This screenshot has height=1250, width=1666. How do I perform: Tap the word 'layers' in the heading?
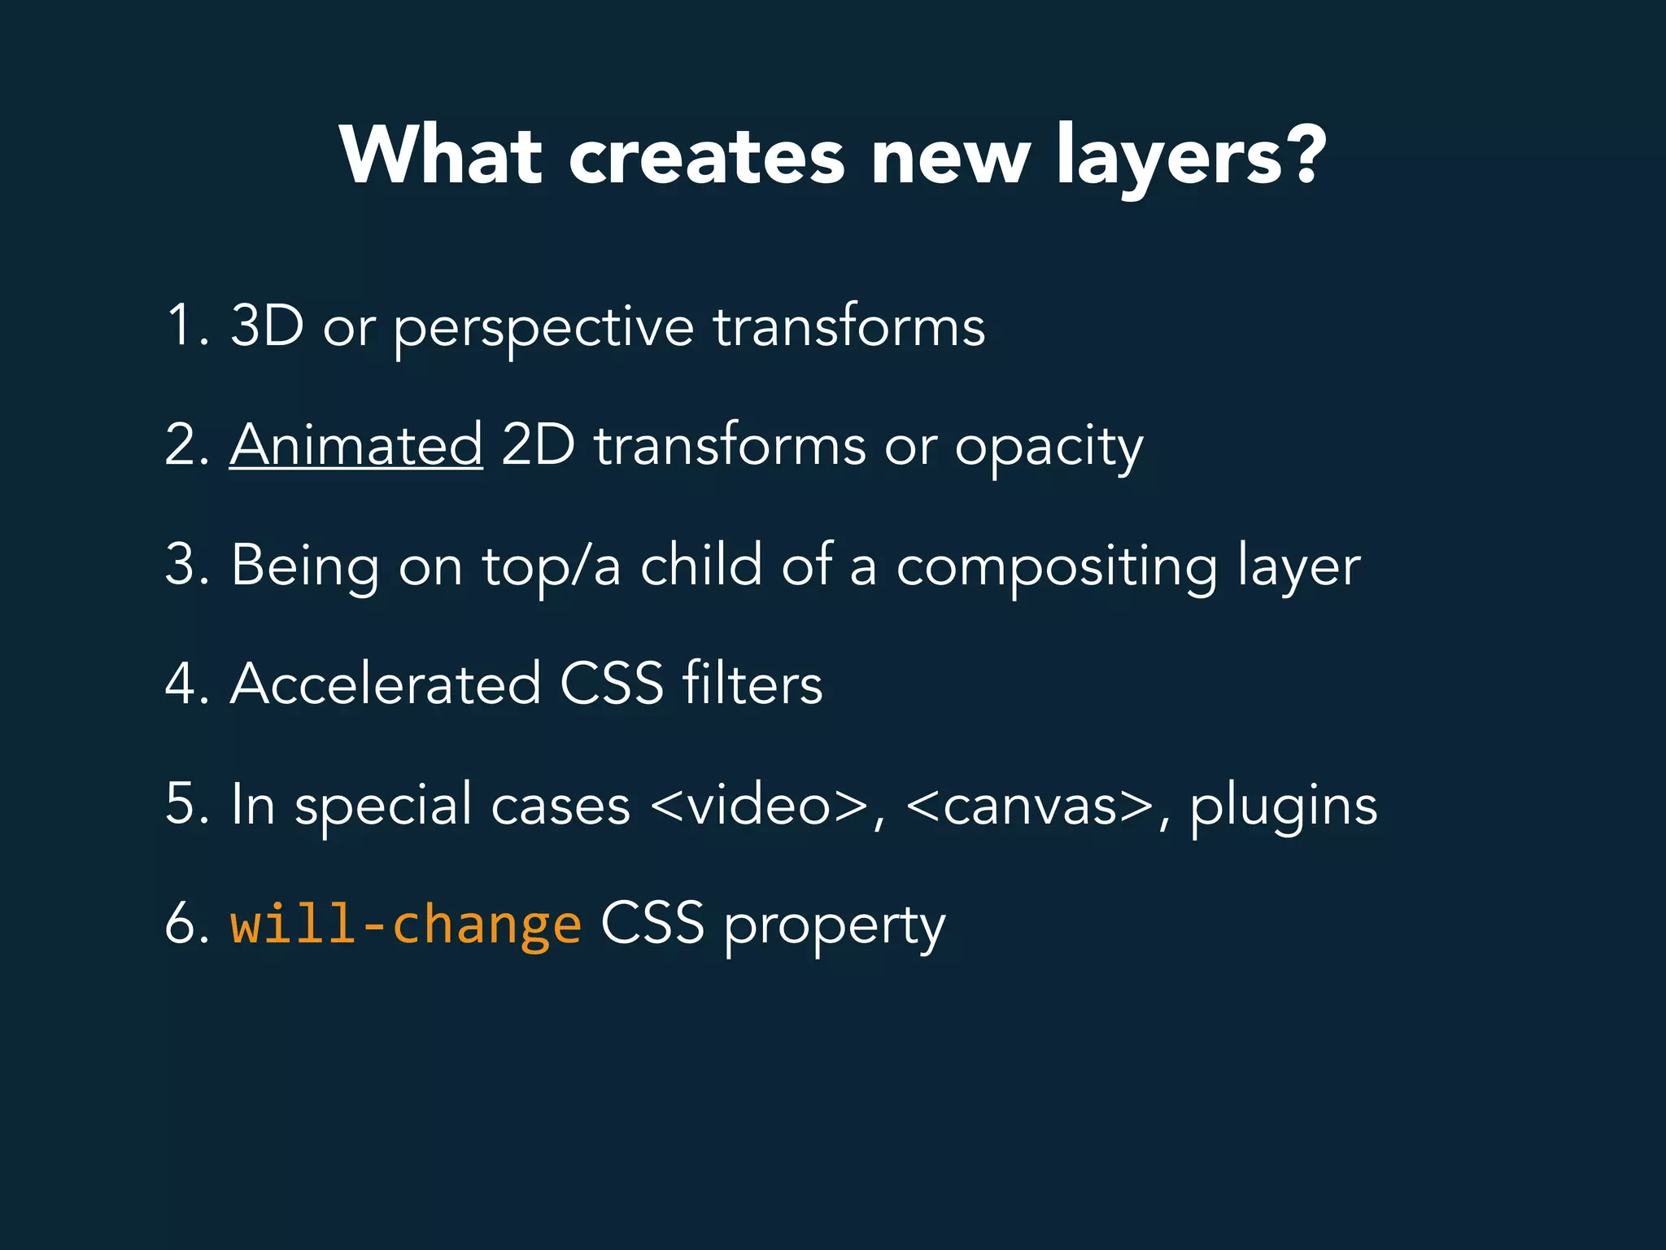[1169, 159]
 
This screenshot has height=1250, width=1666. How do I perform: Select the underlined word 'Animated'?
[356, 445]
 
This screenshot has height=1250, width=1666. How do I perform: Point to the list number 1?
[180, 326]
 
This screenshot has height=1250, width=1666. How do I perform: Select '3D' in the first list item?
[267, 326]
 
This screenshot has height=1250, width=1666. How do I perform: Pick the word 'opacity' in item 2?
[1049, 449]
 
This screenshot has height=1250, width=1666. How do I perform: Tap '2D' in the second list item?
[538, 445]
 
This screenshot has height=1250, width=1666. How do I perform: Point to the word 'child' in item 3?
[701, 564]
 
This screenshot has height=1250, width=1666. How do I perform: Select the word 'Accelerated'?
[386, 684]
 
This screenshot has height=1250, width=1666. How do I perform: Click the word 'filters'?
[752, 684]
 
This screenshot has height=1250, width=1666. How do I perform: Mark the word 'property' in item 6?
[835, 928]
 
